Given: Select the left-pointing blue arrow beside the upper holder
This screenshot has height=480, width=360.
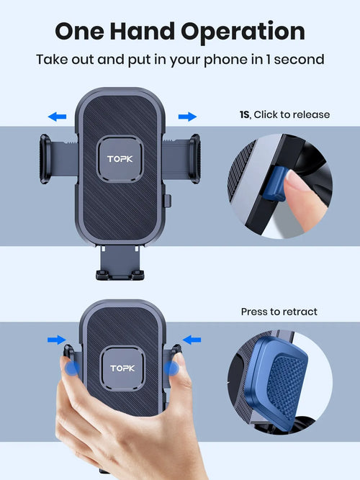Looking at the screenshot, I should (57, 115).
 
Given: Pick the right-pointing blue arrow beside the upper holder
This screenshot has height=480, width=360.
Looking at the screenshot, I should (187, 115).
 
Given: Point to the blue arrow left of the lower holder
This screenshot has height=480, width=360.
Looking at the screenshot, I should (56, 340).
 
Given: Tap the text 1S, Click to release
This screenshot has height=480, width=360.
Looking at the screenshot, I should (284, 114).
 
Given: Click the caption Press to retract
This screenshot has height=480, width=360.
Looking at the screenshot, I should (279, 312).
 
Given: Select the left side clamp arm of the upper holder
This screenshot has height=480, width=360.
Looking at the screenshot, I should (45, 160).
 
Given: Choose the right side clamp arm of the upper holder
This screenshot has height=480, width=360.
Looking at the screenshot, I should (194, 160).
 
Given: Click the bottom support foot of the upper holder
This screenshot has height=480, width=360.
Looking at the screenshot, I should (120, 274).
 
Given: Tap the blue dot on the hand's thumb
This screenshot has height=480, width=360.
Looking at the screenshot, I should (72, 368).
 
